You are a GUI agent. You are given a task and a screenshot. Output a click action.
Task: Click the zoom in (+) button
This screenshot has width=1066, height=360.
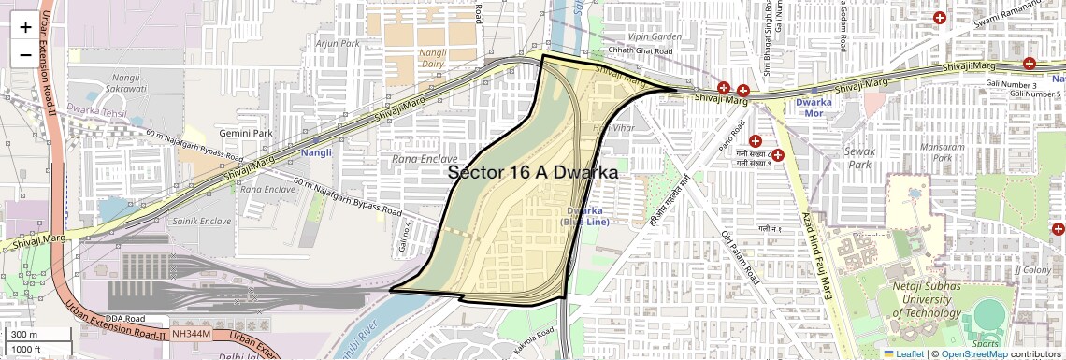[25, 27]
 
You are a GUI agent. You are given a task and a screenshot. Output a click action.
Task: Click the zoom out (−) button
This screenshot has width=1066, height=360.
[25, 55]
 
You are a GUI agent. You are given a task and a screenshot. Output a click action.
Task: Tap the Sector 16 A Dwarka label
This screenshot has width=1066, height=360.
[533, 172]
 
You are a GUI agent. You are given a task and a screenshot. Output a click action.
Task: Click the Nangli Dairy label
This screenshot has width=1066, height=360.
[433, 58]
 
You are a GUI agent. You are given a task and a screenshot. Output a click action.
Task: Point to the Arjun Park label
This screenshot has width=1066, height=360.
[338, 43]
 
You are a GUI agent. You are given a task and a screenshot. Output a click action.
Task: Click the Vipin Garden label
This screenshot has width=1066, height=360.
[655, 36]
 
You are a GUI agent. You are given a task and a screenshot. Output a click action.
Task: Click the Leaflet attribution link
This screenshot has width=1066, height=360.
[903, 353]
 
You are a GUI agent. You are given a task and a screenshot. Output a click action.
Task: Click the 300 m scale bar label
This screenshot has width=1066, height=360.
[25, 335]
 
